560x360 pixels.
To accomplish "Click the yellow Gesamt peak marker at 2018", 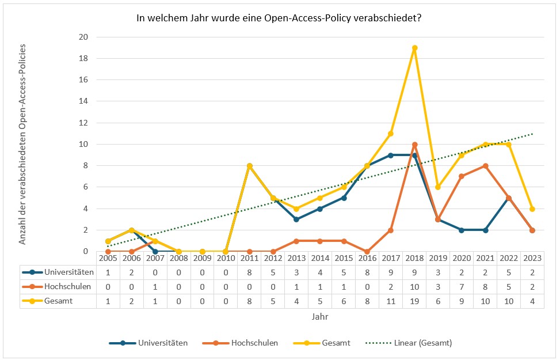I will (414, 48).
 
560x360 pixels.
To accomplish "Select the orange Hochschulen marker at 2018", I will (414, 144).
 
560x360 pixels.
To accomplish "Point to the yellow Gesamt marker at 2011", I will (249, 166).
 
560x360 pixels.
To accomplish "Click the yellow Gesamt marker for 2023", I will (532, 209).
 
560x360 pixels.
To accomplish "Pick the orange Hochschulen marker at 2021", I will (485, 166).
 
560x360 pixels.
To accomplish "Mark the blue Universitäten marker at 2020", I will (462, 230).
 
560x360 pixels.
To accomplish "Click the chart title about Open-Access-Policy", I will (279, 18).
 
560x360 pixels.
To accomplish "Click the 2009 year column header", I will (202, 257).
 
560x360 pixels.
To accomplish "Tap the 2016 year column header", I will (367, 257).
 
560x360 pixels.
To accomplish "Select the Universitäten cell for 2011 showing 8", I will (249, 272).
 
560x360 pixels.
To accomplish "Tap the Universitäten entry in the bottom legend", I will (162, 343).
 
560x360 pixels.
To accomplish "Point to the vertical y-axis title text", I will (22, 144).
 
